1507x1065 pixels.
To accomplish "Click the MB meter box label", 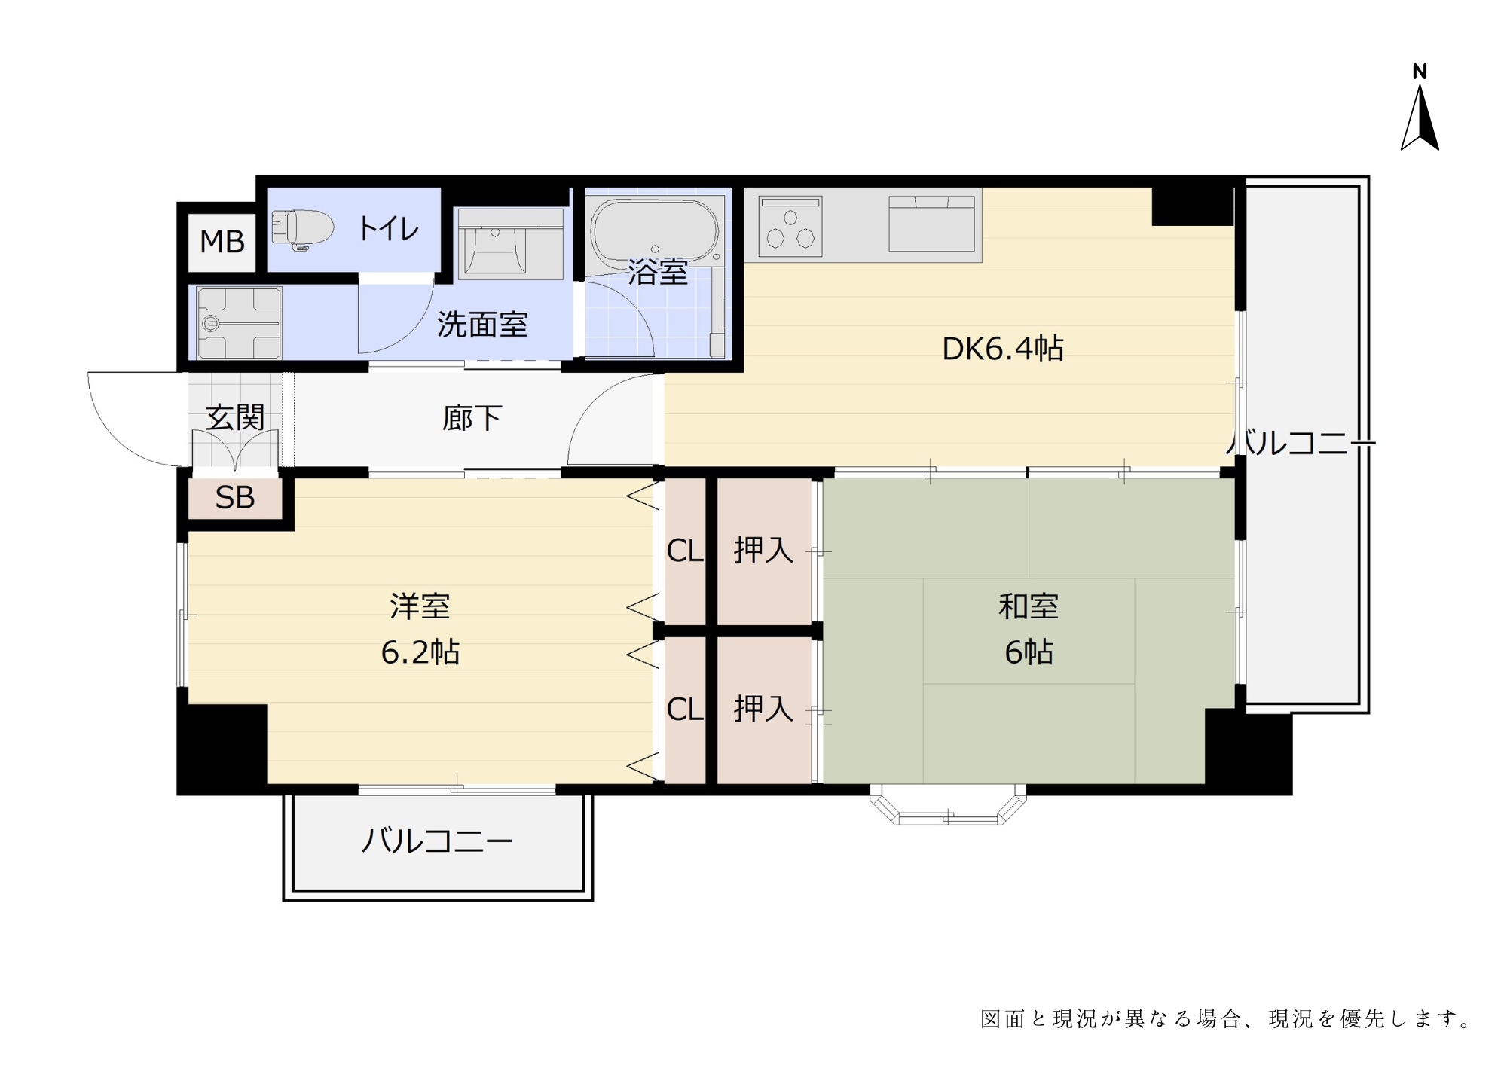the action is point(222,242).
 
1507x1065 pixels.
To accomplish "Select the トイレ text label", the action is point(389,228).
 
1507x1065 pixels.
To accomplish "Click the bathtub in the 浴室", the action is point(655,230).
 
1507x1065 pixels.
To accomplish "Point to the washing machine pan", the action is point(239,323).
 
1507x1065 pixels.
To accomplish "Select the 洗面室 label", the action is point(482,325).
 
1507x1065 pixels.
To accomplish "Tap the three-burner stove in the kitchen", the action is point(790,226).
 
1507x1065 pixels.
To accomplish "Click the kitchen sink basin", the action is point(932,224).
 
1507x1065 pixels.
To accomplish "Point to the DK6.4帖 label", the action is point(1003,349).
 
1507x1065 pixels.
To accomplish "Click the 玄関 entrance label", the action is point(235,417).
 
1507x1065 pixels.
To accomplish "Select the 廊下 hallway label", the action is point(472,418).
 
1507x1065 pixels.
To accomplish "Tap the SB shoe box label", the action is point(235,498).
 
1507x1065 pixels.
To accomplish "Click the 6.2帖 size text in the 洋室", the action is point(420,652).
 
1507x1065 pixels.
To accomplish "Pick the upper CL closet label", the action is point(685,551).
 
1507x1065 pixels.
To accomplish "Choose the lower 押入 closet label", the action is point(764,709).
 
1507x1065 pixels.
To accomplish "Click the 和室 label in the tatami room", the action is point(1029,606).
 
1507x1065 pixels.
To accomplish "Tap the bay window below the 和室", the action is point(948,804).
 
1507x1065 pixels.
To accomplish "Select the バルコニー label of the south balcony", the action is point(437,841).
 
